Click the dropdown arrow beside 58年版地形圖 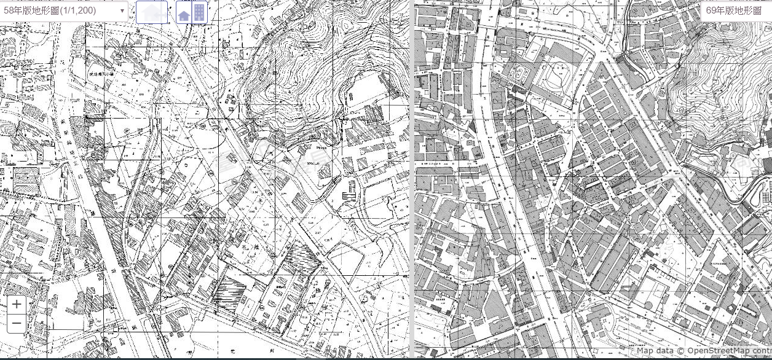(122, 10)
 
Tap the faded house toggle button (152, 12)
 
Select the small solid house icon (183, 13)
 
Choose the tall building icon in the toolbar (199, 12)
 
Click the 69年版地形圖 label (733, 10)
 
